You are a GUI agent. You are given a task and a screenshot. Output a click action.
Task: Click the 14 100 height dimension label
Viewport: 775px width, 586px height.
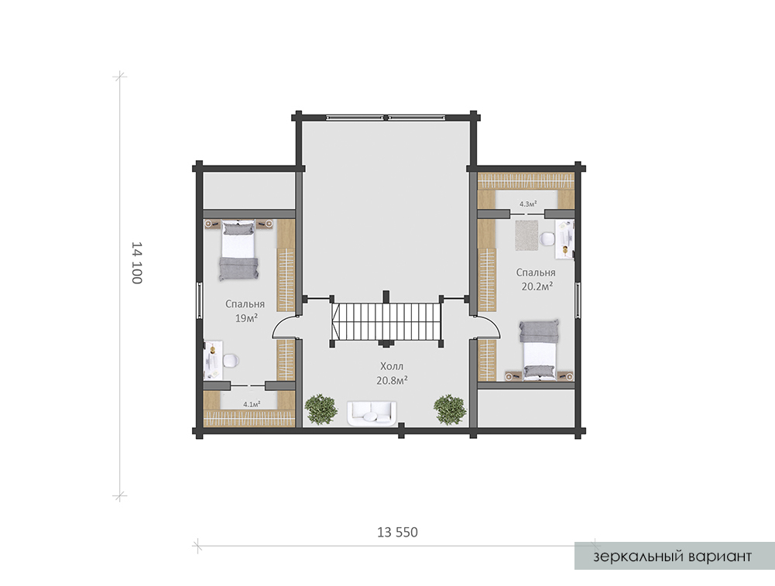pos(137,263)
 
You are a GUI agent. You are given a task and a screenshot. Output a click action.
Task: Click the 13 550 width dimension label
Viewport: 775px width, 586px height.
pos(397,532)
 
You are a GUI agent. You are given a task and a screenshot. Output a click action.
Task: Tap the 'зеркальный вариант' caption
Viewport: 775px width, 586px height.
pos(672,557)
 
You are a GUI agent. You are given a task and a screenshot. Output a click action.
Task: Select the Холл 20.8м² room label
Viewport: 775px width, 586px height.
pos(392,373)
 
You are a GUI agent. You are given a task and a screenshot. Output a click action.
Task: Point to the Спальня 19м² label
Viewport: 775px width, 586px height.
pos(245,310)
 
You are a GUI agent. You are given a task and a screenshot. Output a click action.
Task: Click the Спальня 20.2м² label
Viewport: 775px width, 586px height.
pos(537,279)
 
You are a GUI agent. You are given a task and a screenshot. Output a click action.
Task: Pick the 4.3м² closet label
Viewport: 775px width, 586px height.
pos(528,203)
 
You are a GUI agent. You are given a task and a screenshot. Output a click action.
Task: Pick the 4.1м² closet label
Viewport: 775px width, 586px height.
pos(252,403)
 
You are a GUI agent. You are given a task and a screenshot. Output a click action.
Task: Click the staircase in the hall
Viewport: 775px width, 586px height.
pos(386,321)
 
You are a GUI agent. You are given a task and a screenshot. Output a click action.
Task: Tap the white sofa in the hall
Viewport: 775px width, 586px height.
pos(372,413)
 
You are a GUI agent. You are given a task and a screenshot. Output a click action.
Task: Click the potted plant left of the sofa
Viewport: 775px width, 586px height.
pos(321,409)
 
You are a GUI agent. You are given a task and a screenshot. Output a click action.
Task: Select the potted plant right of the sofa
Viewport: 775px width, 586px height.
pos(450,409)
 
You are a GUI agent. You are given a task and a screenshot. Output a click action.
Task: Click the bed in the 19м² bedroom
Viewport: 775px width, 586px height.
pos(239,251)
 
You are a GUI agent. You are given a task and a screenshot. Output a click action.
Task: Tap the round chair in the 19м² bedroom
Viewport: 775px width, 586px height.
pos(231,361)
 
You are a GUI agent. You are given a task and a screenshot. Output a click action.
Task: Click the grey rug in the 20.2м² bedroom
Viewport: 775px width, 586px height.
pos(526,235)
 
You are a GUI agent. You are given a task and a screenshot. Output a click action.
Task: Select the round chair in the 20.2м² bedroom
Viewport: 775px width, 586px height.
pos(547,238)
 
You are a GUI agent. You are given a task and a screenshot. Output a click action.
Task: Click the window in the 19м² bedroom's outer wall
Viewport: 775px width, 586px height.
pos(199,300)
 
